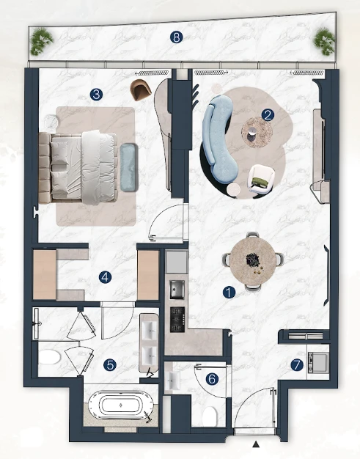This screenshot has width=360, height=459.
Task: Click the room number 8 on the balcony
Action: coord(176,37)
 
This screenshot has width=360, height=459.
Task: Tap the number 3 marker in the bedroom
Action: coord(97,95)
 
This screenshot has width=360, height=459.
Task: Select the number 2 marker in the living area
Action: coord(268,115)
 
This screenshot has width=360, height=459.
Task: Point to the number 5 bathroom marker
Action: coord(110,364)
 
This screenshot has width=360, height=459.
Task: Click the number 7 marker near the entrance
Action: coord(297,364)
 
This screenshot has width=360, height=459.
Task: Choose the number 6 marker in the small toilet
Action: coord(212,379)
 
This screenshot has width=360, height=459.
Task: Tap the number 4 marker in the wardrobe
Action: coord(105,277)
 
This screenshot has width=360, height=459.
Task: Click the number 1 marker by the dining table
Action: coord(229,292)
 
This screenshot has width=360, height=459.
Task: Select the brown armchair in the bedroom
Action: coord(141,89)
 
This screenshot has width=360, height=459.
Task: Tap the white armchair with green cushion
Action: coord(261,179)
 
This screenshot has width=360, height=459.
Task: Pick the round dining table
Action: coord(252,262)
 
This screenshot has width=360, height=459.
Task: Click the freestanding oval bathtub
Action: coord(120,405)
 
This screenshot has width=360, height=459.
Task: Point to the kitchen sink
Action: coord(177,289)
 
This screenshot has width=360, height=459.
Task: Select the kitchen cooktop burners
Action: coord(177,320)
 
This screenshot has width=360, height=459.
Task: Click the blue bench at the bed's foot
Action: coord(129,167)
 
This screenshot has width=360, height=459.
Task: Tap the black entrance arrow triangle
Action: coord(257,444)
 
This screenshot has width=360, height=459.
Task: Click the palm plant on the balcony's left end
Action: coord(42,41)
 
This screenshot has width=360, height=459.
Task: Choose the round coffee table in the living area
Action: coord(257,132)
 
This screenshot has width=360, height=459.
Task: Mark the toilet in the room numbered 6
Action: coord(210,417)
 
